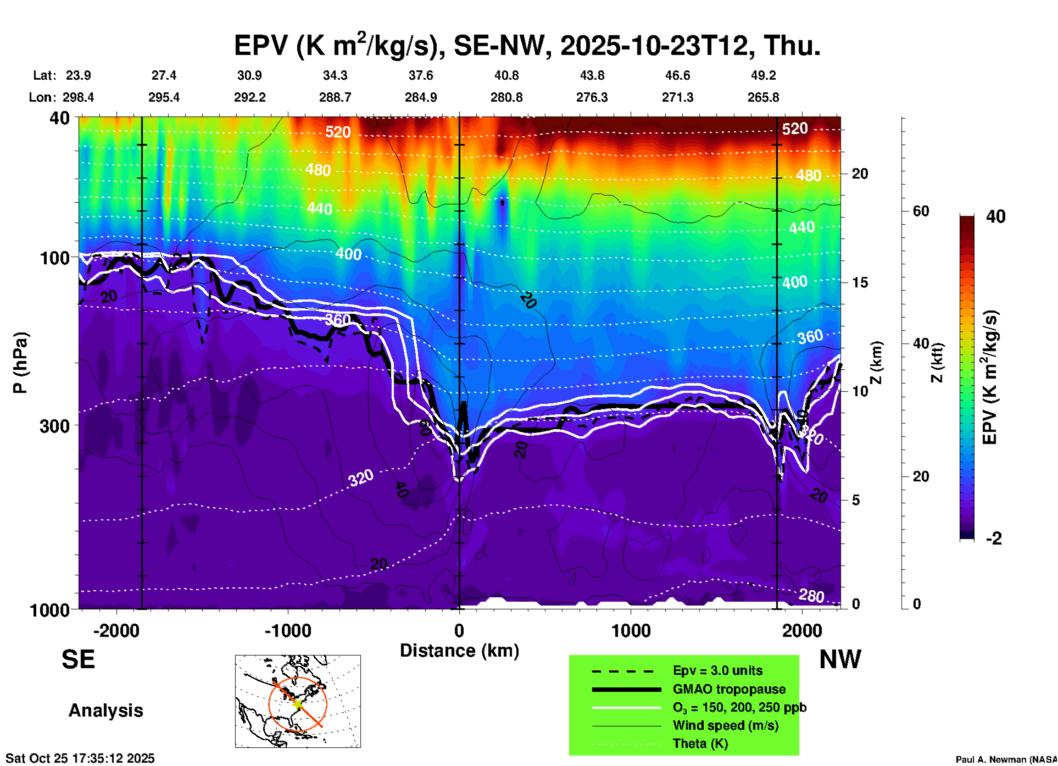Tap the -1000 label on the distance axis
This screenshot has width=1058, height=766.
(287, 630)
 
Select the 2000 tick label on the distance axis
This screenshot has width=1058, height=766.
(802, 630)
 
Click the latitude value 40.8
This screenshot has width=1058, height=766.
(506, 75)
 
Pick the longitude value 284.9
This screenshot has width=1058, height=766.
(421, 97)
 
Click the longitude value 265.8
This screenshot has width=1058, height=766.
(763, 97)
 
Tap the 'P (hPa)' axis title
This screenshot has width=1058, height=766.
(20, 363)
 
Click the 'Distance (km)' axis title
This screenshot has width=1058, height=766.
(459, 651)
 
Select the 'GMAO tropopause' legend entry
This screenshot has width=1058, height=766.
(729, 689)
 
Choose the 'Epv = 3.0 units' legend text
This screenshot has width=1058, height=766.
(717, 671)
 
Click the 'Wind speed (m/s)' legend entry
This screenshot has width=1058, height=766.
(725, 725)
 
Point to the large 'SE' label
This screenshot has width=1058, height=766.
(78, 659)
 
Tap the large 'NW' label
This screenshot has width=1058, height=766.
(840, 659)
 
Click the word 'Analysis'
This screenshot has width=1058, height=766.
(105, 711)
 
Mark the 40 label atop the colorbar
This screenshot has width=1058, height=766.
(995, 217)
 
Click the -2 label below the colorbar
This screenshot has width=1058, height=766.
(994, 539)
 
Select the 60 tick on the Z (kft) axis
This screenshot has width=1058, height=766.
(921, 211)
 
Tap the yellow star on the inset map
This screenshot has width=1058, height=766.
(298, 703)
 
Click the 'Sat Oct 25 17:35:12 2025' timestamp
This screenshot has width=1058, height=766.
(80, 758)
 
